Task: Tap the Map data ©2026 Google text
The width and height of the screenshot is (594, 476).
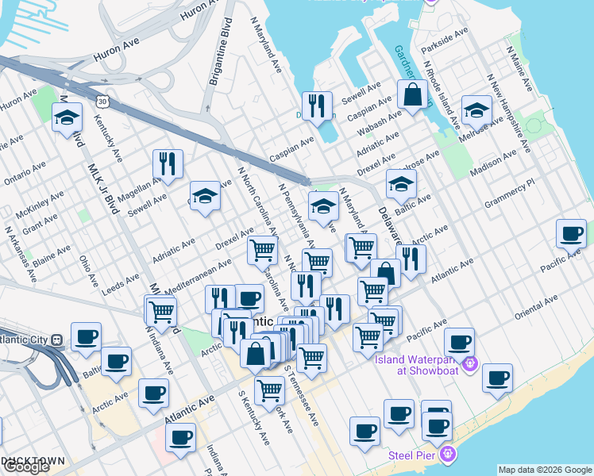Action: point(545,470)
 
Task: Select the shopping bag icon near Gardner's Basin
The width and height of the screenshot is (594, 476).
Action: point(414,96)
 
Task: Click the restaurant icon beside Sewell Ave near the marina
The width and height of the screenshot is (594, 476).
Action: point(318,106)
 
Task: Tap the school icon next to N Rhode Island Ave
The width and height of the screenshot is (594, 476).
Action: point(476,112)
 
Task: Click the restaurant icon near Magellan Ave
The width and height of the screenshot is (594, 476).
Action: point(168,163)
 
